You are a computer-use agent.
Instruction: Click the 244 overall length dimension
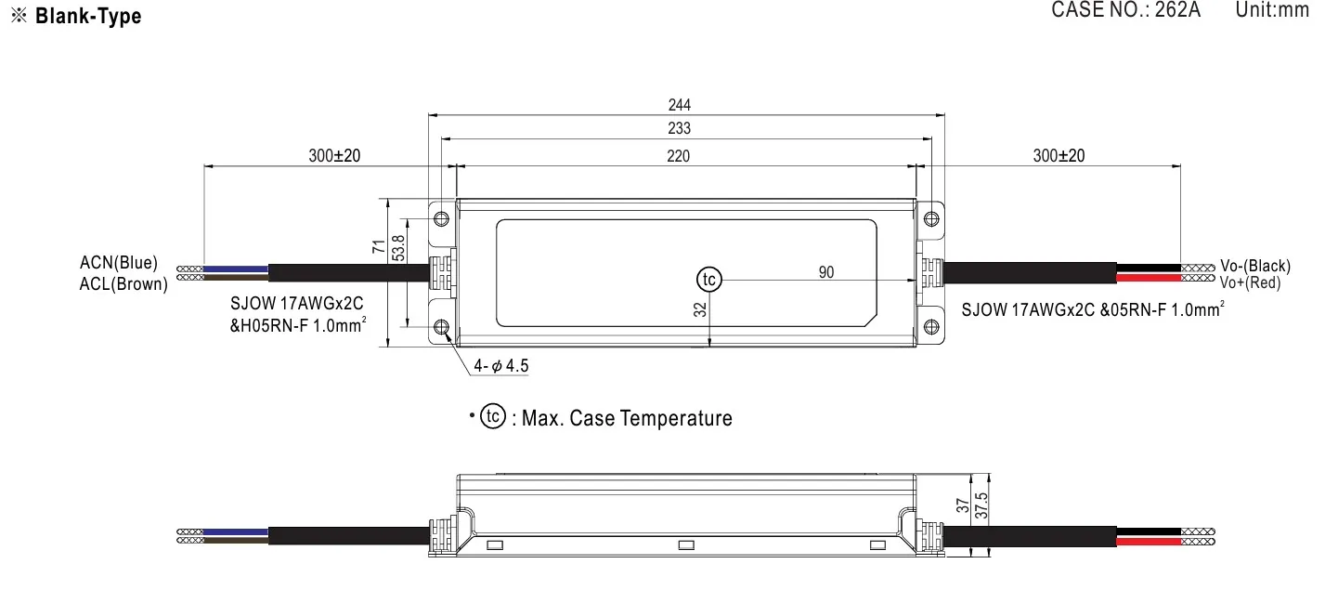[x=680, y=105]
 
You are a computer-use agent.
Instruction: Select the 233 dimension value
[x=680, y=129]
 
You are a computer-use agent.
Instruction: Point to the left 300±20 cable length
[x=334, y=156]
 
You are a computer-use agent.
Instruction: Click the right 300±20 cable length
[x=1059, y=156]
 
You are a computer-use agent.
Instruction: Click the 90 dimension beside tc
[x=825, y=272]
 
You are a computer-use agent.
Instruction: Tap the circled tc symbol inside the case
[x=708, y=279]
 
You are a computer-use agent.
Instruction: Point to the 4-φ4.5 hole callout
[x=500, y=366]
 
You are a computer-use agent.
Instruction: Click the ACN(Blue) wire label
[x=119, y=264]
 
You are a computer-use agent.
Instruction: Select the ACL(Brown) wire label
[x=123, y=284]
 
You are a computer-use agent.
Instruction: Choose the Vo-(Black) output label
[x=1255, y=266]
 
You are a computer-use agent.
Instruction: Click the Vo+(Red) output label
[x=1250, y=282]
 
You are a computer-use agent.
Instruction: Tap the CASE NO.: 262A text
[x=1125, y=10]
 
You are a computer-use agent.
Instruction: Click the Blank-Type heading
[x=88, y=17]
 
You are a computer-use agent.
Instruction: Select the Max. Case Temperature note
[x=627, y=418]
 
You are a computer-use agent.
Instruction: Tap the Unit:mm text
[x=1272, y=10]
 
